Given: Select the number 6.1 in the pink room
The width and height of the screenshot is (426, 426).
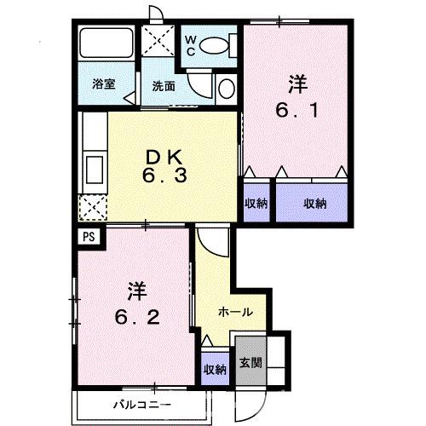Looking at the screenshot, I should click(x=296, y=111).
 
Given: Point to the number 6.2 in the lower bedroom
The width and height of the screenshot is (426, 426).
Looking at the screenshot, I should click(x=135, y=314).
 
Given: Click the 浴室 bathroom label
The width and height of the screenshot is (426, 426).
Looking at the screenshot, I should click(x=104, y=85).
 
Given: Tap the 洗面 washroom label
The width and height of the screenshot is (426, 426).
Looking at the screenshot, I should click(x=164, y=85).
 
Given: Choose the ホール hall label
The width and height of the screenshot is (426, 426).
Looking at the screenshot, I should click(x=233, y=311).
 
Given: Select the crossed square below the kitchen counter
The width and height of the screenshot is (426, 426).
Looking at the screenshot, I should click(x=90, y=207).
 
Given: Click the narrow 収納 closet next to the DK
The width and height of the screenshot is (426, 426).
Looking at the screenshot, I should click(x=256, y=202).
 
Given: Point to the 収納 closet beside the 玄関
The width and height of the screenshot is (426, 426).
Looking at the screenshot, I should click(x=215, y=369).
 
